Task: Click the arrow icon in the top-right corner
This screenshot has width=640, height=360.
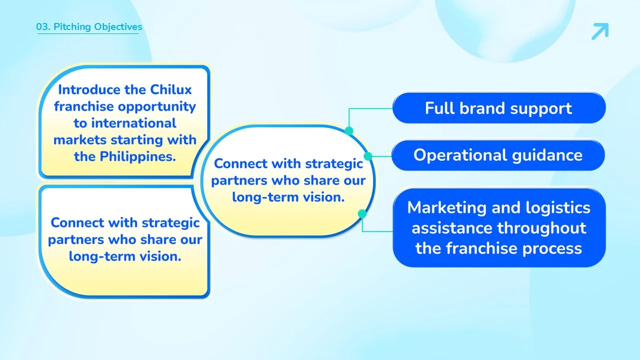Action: pyautogui.click(x=600, y=31)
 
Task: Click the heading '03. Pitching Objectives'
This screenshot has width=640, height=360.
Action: pyautogui.click(x=89, y=27)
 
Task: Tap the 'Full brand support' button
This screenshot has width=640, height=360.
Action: pyautogui.click(x=499, y=108)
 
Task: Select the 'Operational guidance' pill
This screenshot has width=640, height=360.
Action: pyautogui.click(x=498, y=155)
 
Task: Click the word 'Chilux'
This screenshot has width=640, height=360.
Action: pyautogui.click(x=170, y=89)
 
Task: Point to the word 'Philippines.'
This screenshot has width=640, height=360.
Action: pyautogui.click(x=137, y=157)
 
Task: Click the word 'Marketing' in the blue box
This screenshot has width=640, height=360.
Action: pyautogui.click(x=446, y=207)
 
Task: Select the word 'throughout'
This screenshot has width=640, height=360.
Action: pyautogui.click(x=541, y=228)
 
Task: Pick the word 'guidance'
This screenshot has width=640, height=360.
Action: pyautogui.click(x=547, y=155)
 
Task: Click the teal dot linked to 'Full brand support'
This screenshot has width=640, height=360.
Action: pyautogui.click(x=349, y=131)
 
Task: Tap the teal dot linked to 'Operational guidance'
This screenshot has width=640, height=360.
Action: pyautogui.click(x=368, y=156)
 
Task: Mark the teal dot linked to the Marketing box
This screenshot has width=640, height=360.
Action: pyautogui.click(x=362, y=213)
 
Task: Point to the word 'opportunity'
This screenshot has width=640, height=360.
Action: pyautogui.click(x=157, y=107)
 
